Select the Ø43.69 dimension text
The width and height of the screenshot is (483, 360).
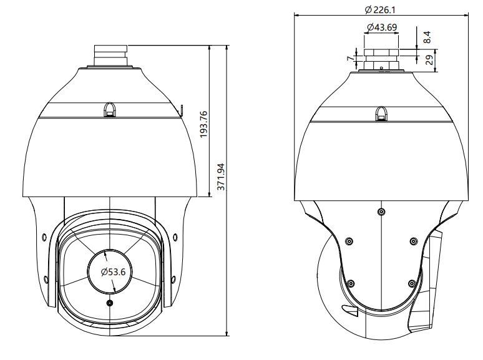click(381, 27)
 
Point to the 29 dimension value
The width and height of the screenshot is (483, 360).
click(429, 61)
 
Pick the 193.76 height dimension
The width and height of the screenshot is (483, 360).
click(203, 125)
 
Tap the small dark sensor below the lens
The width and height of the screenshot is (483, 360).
click(110, 303)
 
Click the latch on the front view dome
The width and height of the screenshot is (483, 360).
click(110, 110)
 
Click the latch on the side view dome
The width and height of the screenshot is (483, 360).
click(381, 113)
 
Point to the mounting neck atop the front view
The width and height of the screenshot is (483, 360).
click(110, 54)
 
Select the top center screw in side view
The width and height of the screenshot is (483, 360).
click(381, 212)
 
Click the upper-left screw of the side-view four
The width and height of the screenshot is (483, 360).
click(349, 241)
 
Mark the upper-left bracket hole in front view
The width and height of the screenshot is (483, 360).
click(44, 236)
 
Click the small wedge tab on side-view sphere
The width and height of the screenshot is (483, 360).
click(350, 310)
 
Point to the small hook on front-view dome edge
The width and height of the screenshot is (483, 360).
click(182, 110)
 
